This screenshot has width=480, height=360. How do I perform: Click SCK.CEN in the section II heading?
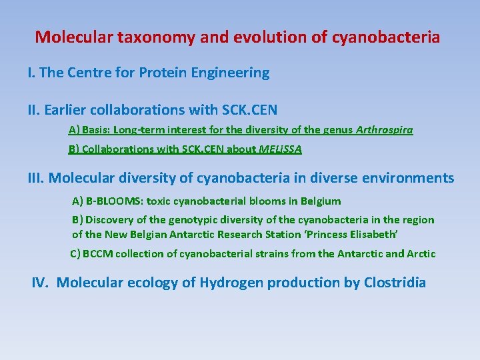(x=244, y=109)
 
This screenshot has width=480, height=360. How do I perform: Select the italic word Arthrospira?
(x=385, y=130)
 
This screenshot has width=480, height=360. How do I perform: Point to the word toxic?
(x=160, y=201)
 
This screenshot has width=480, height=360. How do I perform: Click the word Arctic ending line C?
(x=419, y=253)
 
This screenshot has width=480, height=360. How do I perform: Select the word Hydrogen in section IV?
(x=223, y=283)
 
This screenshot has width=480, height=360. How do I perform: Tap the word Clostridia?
(x=395, y=283)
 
